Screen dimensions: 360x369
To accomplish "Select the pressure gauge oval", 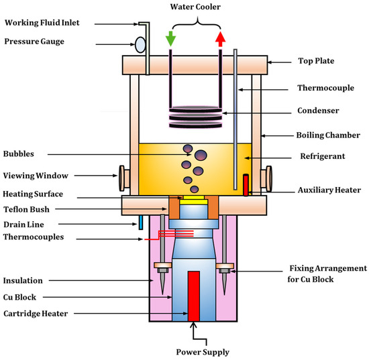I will click(141, 44).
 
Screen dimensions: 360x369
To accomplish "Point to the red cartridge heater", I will click(195, 296).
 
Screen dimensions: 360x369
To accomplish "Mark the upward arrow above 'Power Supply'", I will click(195, 331).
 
